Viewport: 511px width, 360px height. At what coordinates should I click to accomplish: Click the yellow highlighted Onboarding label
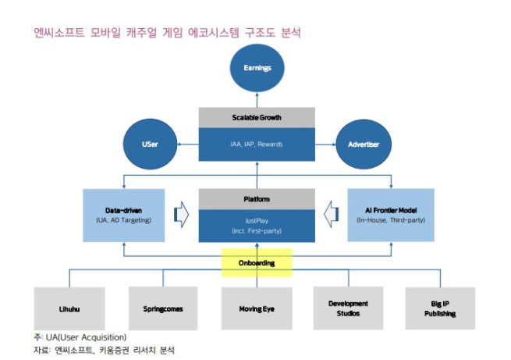[x=257, y=263]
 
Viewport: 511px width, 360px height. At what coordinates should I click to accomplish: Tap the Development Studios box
[x=348, y=308]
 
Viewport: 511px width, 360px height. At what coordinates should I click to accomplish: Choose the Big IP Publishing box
[x=440, y=308]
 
